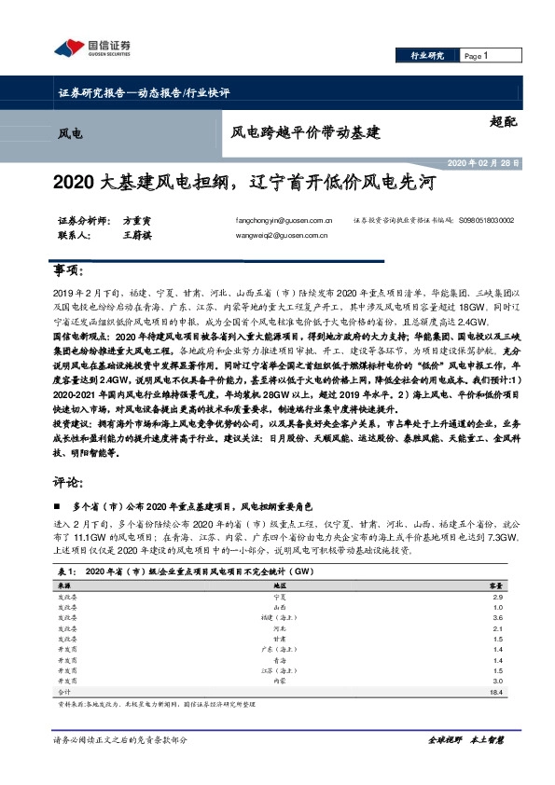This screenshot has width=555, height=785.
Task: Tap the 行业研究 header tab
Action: pyautogui.click(x=426, y=56)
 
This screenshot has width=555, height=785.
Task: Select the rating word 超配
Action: pyautogui.click(x=502, y=120)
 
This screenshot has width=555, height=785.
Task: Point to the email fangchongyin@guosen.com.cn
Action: pyautogui.click(x=285, y=221)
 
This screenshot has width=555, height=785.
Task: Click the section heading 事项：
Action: pyautogui.click(x=69, y=270)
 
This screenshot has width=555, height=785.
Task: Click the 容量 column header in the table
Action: pyautogui.click(x=497, y=584)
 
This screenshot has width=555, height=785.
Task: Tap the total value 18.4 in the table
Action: pyautogui.click(x=496, y=692)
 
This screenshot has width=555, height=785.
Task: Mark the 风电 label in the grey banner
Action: pyautogui.click(x=70, y=134)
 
